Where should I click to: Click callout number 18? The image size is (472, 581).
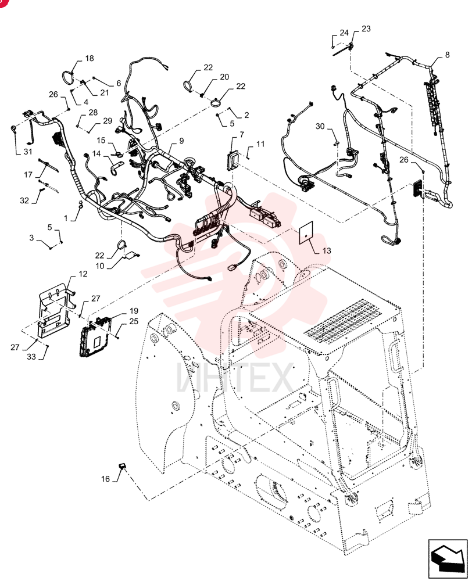pos(90,58)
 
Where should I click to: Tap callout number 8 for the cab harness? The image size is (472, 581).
pos(447,55)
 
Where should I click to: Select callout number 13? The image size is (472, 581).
pos(326,250)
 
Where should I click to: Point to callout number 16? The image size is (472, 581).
pos(106,479)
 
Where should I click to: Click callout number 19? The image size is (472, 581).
pos(134,310)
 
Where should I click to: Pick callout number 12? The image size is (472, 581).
pos(83,274)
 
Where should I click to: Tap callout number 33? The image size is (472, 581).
pos(31,357)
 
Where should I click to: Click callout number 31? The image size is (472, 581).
pos(28,152)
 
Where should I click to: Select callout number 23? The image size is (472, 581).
pos(366,28)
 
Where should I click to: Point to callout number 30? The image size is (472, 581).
pos(320,126)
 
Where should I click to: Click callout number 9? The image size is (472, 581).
pos(181,141)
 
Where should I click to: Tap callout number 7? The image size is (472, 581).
pos(242,134)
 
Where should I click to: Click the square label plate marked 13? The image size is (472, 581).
pos(306,232)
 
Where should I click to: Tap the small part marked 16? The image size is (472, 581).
pos(121,465)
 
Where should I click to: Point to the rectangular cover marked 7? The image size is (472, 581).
pos(233,160)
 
